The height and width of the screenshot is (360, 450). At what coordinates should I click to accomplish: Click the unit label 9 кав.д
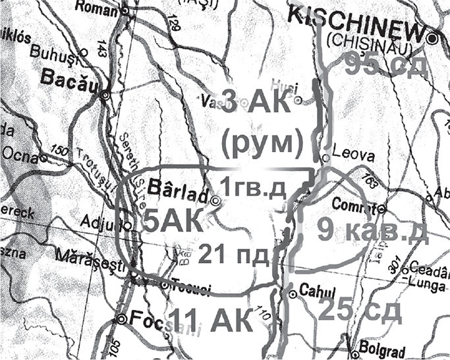coord(372,231)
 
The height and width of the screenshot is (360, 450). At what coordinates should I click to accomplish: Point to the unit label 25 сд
coord(359,309)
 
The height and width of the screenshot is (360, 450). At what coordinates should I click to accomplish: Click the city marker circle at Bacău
coord(105,96)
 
